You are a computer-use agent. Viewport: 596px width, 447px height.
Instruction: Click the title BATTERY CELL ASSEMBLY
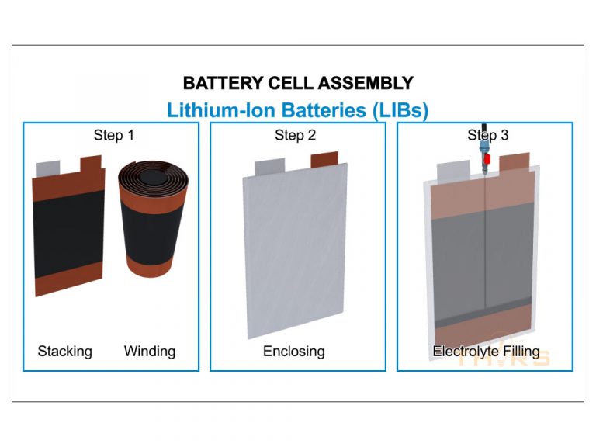coord(298,83)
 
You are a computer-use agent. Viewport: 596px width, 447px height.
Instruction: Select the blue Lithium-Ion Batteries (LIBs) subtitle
coord(298,109)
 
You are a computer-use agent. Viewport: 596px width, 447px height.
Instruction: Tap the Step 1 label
coord(114,135)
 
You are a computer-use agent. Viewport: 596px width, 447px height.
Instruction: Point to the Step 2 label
coord(295,135)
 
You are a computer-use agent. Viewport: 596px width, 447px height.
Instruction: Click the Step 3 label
coord(487,135)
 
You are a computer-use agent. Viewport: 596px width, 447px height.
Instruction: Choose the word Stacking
coord(65,351)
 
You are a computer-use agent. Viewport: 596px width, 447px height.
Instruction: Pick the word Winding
coord(150,351)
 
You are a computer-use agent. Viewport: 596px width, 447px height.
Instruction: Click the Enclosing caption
coord(294,351)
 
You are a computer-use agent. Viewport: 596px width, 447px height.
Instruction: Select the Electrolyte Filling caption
coord(486,351)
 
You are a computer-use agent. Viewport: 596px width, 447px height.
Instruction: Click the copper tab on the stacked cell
coord(91,164)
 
